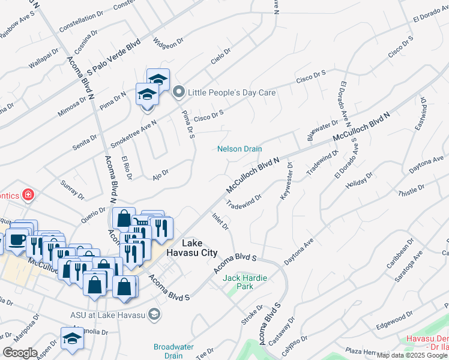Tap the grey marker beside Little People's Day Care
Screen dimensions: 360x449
click(178, 92)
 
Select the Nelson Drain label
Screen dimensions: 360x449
click(240, 149)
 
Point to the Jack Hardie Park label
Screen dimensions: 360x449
click(246, 282)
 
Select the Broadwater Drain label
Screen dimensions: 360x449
click(173, 351)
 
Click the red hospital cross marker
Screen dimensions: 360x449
click(28, 194)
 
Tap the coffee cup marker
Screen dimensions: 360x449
click(16, 241)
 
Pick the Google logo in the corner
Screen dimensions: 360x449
click(20, 352)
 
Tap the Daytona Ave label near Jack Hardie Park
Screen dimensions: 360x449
click(299, 253)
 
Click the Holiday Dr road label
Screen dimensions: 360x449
click(360, 182)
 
